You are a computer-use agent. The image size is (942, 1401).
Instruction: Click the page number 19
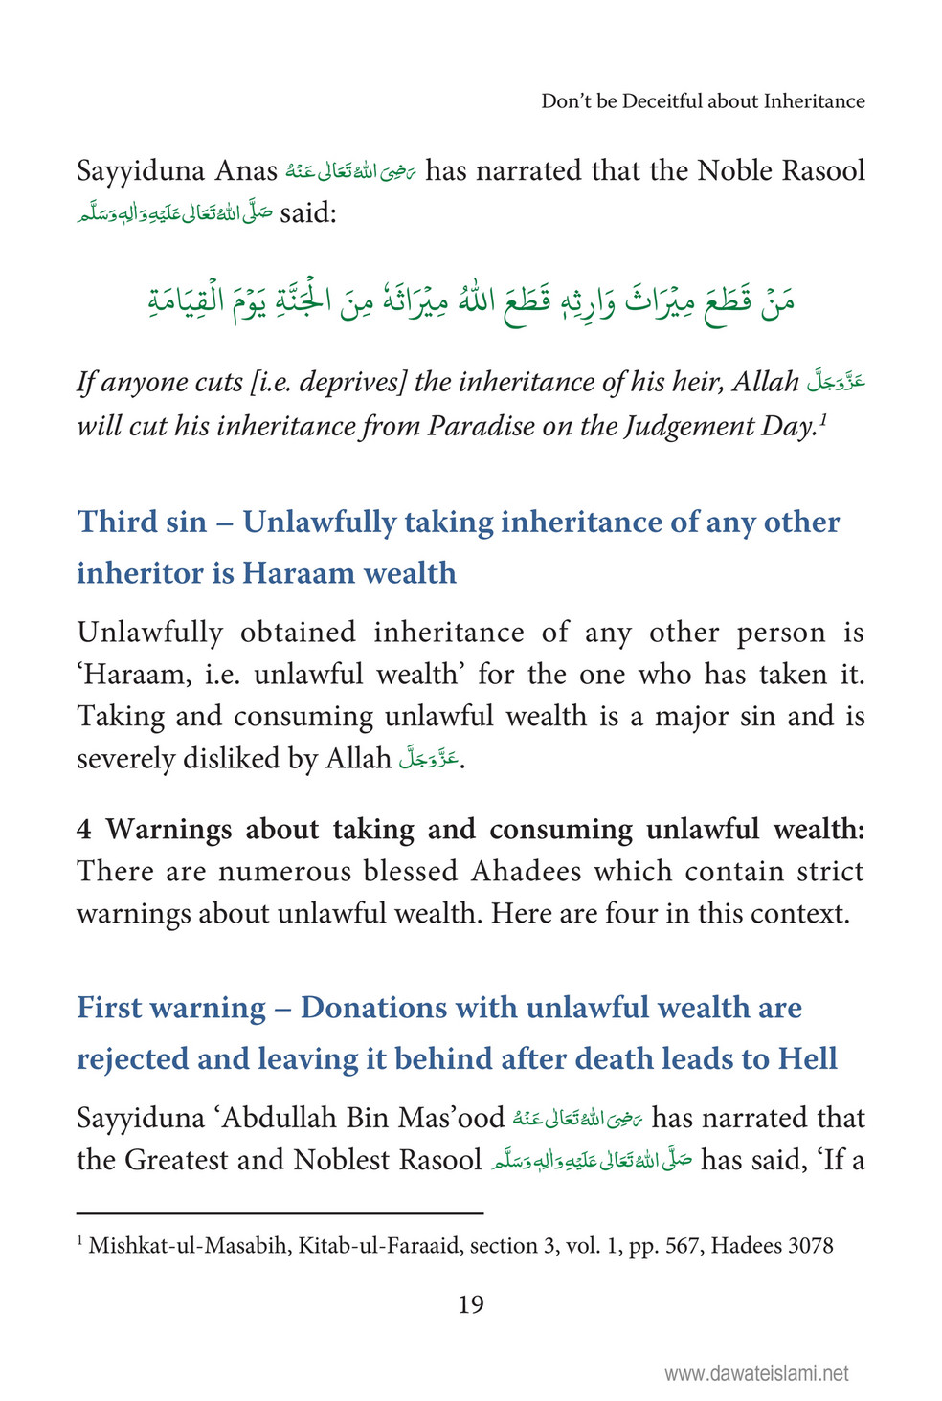[470, 1304]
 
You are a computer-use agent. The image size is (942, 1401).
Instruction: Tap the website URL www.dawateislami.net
[756, 1373]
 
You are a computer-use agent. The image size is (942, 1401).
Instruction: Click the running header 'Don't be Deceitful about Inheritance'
[703, 101]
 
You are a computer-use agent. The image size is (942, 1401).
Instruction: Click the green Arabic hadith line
[471, 298]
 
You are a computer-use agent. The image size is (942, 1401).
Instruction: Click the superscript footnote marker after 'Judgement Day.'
[822, 417]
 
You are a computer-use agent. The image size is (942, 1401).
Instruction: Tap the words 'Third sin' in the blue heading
[142, 522]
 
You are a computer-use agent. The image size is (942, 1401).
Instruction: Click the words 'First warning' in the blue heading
[171, 1008]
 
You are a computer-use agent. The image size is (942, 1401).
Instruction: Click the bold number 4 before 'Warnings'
[84, 829]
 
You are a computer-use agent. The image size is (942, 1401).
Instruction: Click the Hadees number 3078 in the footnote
[810, 1246]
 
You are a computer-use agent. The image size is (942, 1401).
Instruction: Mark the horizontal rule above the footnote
[280, 1213]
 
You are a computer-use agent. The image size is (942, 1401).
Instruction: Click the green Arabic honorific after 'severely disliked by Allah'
[430, 759]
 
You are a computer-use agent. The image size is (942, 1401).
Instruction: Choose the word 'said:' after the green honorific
[308, 212]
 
